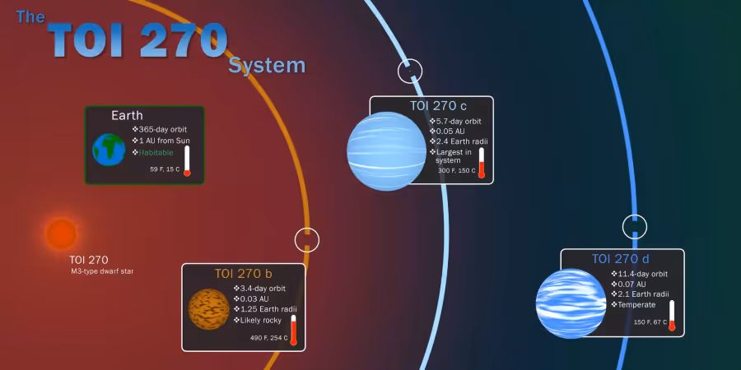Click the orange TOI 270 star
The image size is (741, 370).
click(62, 234)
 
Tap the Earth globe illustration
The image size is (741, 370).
click(109, 150)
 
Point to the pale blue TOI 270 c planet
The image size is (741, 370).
click(387, 151)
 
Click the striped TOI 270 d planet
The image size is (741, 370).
click(571, 303)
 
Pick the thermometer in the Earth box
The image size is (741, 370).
click(187, 161)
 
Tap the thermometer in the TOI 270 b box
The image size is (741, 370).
click(293, 331)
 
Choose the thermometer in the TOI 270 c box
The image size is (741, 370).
click(482, 163)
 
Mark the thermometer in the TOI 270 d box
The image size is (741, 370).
click(672, 315)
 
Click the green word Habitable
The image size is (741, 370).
click(156, 152)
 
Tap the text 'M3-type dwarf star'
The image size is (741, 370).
click(101, 271)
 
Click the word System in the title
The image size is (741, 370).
click(267, 65)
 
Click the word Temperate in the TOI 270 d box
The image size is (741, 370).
click(636, 304)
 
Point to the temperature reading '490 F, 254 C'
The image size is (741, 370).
click(269, 338)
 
